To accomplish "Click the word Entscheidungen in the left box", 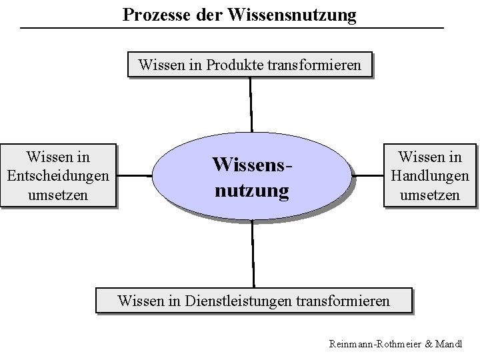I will pyautogui.click(x=57, y=177).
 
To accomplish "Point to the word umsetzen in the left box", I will pyautogui.click(x=57, y=196).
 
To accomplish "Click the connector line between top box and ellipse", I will pyautogui.click(x=251, y=103).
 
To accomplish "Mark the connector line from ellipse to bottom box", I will pyautogui.click(x=253, y=253).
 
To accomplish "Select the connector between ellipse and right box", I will pyautogui.click(x=367, y=177).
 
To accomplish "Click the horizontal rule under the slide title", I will pyautogui.click(x=231, y=28).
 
